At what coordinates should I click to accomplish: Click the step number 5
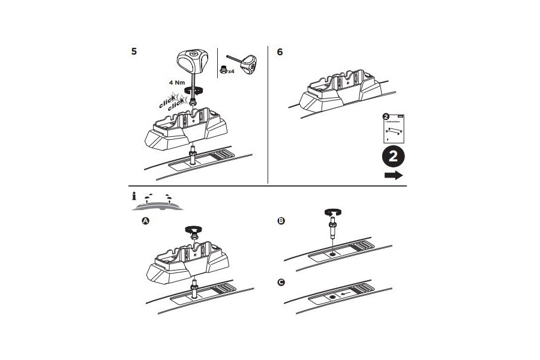(134, 51)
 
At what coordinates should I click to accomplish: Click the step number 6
(280, 52)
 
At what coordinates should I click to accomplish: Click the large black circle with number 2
(392, 157)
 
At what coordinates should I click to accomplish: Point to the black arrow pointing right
(393, 175)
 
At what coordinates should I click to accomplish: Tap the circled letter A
(145, 221)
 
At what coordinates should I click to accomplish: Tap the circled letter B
(281, 221)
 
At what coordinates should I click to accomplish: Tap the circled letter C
(281, 282)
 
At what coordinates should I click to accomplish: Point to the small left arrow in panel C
(344, 295)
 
